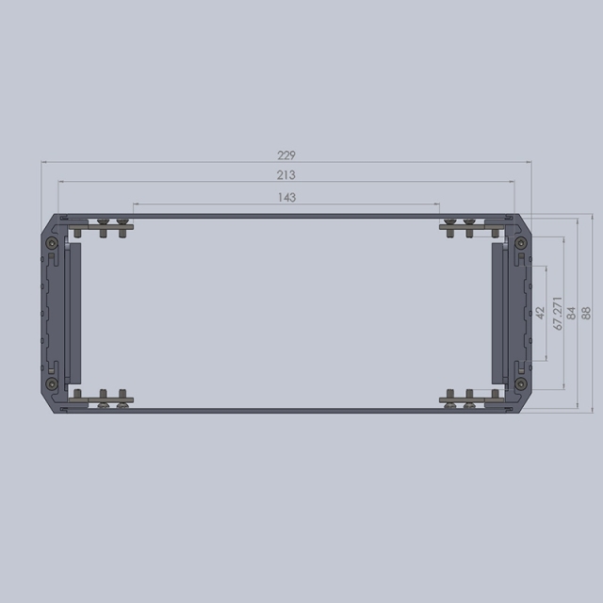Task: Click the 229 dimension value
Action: (x=286, y=155)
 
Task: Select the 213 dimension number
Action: (x=286, y=175)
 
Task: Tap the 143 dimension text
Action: (x=287, y=197)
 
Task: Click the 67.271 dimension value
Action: (x=558, y=313)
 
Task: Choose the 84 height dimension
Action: (x=571, y=313)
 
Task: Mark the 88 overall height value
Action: (x=585, y=313)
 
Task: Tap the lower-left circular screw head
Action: (x=53, y=383)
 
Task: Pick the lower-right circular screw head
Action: (x=520, y=383)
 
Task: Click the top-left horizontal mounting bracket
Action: (x=100, y=226)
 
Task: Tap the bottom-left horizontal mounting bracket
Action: (x=100, y=399)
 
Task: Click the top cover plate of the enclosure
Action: (x=286, y=217)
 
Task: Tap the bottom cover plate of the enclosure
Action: (x=286, y=409)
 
